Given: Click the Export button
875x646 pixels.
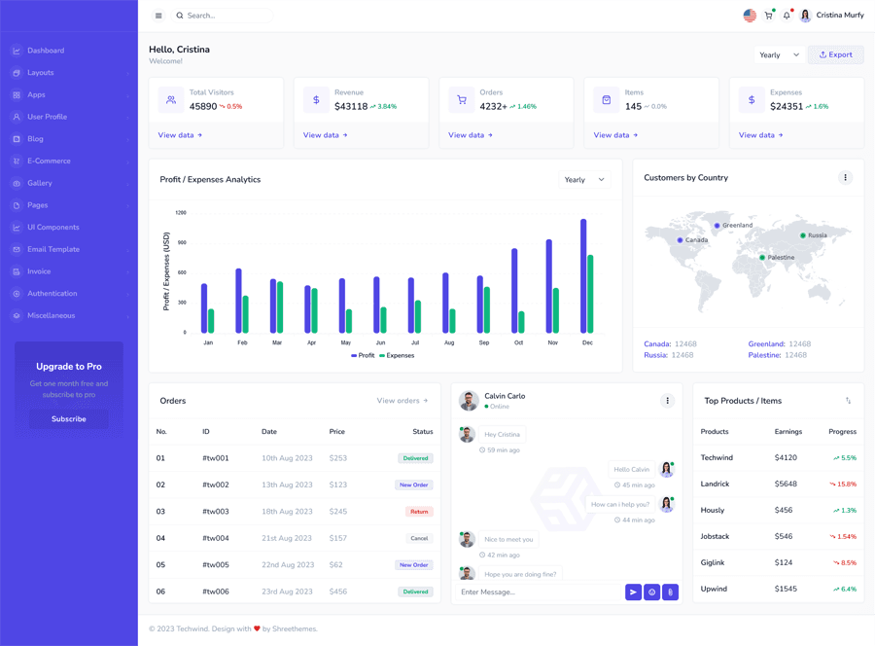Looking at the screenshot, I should pyautogui.click(x=835, y=55).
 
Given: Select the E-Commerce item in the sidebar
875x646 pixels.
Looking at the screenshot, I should pyautogui.click(x=49, y=161).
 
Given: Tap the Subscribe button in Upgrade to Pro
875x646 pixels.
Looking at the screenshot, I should pyautogui.click(x=68, y=419).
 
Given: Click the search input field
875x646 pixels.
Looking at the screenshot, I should pyautogui.click(x=224, y=16).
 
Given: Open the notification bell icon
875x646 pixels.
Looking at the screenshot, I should pyautogui.click(x=787, y=16).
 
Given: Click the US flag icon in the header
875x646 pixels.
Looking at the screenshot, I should pyautogui.click(x=750, y=16).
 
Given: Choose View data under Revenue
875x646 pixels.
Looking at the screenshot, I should pyautogui.click(x=325, y=135).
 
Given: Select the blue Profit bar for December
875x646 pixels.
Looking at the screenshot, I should pyautogui.click(x=583, y=276).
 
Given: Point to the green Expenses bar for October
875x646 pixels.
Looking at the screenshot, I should pyautogui.click(x=522, y=322).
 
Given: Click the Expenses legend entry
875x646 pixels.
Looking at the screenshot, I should pyautogui.click(x=397, y=356).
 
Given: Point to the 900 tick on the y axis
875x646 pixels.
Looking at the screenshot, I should pyautogui.click(x=181, y=242).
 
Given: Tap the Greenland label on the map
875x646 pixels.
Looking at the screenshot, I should pyautogui.click(x=737, y=226).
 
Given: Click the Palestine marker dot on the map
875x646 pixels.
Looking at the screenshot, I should pyautogui.click(x=762, y=258).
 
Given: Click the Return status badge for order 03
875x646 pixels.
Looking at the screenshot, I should pyautogui.click(x=419, y=512).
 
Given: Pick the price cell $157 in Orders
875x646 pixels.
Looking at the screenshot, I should pyautogui.click(x=338, y=538).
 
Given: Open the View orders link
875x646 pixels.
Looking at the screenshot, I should pyautogui.click(x=402, y=401).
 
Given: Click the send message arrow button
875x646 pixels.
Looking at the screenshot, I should pyautogui.click(x=633, y=592).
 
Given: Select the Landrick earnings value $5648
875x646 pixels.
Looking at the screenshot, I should pyautogui.click(x=786, y=484).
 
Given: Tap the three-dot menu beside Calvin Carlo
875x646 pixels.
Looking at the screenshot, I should pyautogui.click(x=667, y=401).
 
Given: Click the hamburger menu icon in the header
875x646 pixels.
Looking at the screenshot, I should pyautogui.click(x=158, y=16).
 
